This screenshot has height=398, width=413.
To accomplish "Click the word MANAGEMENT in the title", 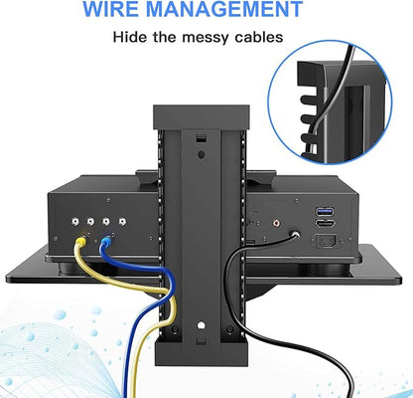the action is tap(224, 9).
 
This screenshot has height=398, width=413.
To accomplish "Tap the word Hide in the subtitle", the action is tap(130, 37).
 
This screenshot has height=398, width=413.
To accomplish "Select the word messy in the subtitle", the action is tap(206, 38).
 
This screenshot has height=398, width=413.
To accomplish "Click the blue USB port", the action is tap(326, 211).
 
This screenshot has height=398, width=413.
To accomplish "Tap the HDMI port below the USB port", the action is tap(326, 224).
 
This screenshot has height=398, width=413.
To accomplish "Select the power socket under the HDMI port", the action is tap(324, 241).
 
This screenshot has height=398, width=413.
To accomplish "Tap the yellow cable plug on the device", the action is tap(81, 241).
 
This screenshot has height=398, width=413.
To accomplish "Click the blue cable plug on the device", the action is tap(105, 240).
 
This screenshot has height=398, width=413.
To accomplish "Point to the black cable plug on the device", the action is tap(294, 235).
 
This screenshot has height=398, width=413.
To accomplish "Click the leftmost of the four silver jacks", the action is tap(76, 221).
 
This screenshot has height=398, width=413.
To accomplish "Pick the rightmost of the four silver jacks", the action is tap(122, 221).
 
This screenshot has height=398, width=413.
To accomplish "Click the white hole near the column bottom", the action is tap(201, 325).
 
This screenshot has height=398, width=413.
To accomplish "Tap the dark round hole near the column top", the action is tap(201, 154).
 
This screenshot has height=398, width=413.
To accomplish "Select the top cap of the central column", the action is tap(202, 117).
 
